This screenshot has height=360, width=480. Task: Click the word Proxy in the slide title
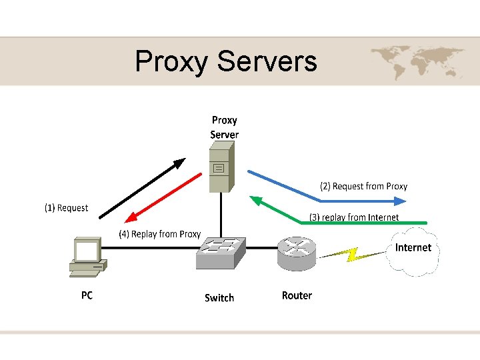(172, 62)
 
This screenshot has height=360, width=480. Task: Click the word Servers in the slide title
(267, 61)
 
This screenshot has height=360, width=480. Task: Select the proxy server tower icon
(219, 170)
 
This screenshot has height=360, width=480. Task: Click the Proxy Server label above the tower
(224, 127)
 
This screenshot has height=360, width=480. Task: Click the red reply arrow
(163, 197)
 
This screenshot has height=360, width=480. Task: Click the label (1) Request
(66, 208)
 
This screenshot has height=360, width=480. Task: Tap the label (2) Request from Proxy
(363, 186)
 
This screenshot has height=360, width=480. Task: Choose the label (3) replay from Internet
(353, 217)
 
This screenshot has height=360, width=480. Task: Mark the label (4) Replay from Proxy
(159, 234)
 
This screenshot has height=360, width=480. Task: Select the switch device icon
(221, 253)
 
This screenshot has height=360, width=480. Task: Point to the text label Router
(297, 295)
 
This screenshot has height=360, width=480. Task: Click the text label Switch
(219, 298)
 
